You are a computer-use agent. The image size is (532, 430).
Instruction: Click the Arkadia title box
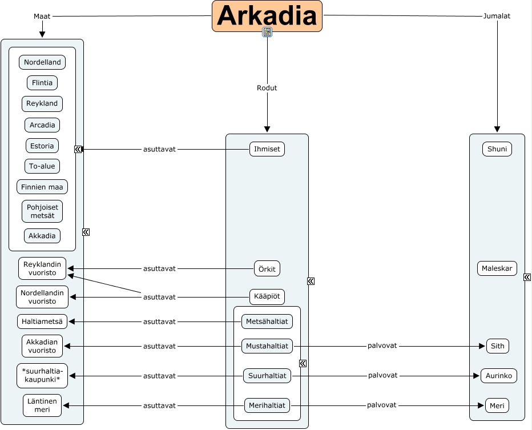click(x=267, y=16)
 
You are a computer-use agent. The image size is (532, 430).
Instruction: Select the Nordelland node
click(x=42, y=62)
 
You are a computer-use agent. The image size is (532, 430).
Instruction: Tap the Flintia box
click(x=42, y=83)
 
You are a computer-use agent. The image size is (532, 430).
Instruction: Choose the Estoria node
click(x=42, y=146)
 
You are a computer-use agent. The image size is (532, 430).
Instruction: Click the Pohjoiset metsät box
click(x=42, y=211)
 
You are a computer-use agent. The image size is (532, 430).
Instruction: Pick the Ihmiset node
click(x=267, y=149)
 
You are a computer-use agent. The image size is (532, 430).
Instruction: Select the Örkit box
click(x=267, y=268)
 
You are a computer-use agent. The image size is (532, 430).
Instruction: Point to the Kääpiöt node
click(x=267, y=297)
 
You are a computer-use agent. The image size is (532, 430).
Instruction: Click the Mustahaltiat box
click(x=267, y=346)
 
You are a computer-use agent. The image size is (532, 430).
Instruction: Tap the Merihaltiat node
click(x=267, y=405)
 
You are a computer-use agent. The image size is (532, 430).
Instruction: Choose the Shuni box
click(x=497, y=149)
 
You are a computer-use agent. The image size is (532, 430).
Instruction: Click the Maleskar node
click(x=497, y=268)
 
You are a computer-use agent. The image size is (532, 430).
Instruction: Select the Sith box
click(x=497, y=346)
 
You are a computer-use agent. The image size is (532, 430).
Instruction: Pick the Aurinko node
click(x=498, y=376)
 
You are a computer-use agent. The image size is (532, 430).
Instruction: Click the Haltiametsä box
click(x=42, y=322)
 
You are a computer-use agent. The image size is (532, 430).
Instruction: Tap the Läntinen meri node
click(x=42, y=405)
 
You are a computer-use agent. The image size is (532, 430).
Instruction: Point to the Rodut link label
click(x=267, y=88)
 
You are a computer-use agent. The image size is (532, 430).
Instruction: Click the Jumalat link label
click(x=497, y=16)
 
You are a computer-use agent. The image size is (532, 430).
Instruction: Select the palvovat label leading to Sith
click(x=382, y=346)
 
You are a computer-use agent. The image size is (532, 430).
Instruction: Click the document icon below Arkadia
click(x=267, y=32)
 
